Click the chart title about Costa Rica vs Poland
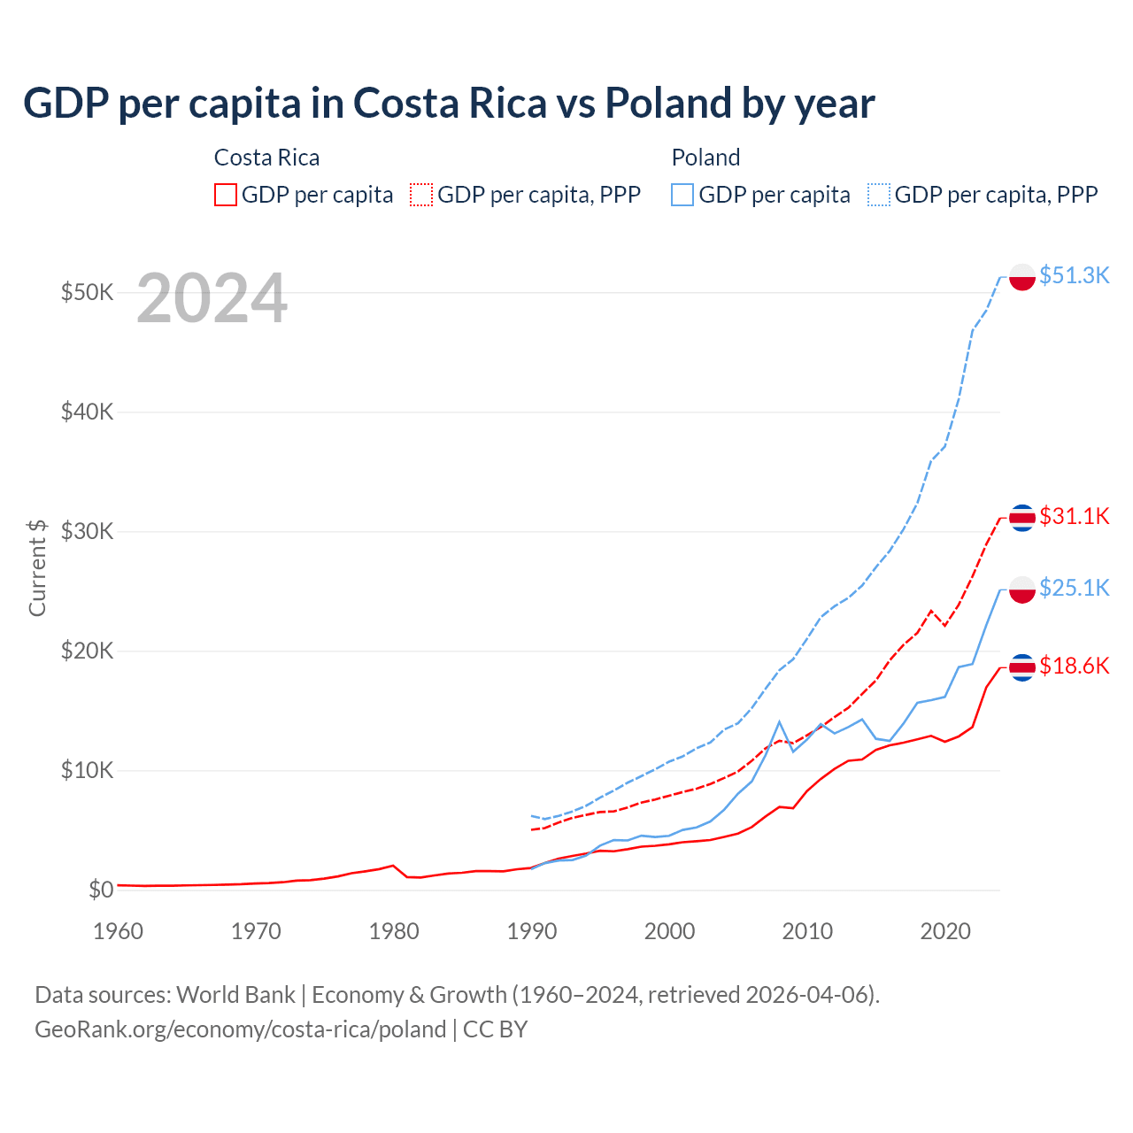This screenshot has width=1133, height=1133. pyautogui.click(x=449, y=104)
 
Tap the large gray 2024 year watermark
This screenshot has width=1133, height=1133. pyautogui.click(x=212, y=298)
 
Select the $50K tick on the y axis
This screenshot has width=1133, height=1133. pyautogui.click(x=87, y=292)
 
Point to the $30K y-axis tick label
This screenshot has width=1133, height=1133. pyautogui.click(x=87, y=531)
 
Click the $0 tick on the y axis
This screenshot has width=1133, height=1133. pyautogui.click(x=101, y=890)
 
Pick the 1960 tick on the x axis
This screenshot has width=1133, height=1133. pyautogui.click(x=118, y=931)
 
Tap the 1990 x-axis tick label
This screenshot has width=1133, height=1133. pyautogui.click(x=532, y=931)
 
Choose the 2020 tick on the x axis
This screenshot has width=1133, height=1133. pyautogui.click(x=945, y=931)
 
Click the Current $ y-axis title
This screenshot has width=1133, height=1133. pyautogui.click(x=37, y=567)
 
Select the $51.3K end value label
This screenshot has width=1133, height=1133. pyautogui.click(x=1074, y=275)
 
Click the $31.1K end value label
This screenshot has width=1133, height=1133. pyautogui.click(x=1074, y=516)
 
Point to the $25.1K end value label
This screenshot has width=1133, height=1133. pyautogui.click(x=1074, y=588)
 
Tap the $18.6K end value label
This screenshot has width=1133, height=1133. pyautogui.click(x=1074, y=666)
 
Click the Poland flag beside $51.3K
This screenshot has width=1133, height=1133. pyautogui.click(x=1022, y=277)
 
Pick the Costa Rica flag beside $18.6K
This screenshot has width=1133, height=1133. pyautogui.click(x=1022, y=667)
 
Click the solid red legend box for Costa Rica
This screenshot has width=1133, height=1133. pyautogui.click(x=226, y=195)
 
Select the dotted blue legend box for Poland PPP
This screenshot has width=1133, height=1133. pyautogui.click(x=879, y=195)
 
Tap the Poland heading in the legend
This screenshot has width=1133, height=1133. pyautogui.click(x=705, y=158)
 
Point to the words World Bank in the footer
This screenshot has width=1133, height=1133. pyautogui.click(x=235, y=995)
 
